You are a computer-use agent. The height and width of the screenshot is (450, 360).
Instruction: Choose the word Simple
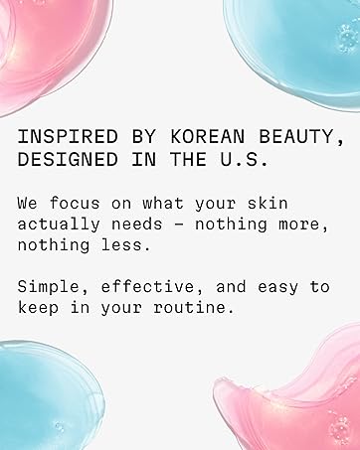[x=46, y=286]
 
